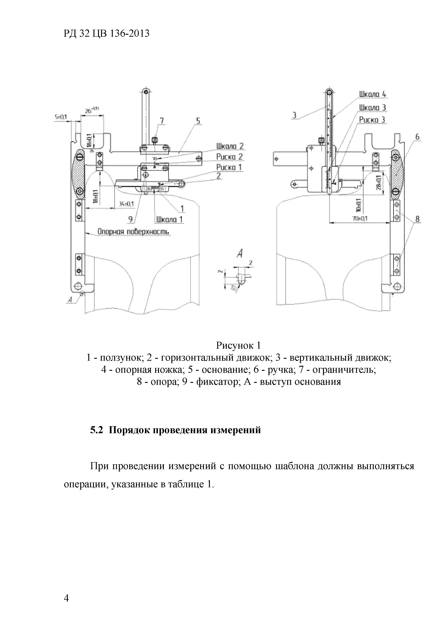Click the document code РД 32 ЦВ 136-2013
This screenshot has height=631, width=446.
coord(107,33)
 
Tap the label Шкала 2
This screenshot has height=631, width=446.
coord(230,146)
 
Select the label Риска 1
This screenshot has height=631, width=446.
coord(229,167)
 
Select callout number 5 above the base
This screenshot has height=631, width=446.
coord(198,121)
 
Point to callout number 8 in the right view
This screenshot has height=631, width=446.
coord(417,219)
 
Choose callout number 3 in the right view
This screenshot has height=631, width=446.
coord(294,115)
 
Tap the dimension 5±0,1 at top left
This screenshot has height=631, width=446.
coord(60,117)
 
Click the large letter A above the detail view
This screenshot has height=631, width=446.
coord(240,254)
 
